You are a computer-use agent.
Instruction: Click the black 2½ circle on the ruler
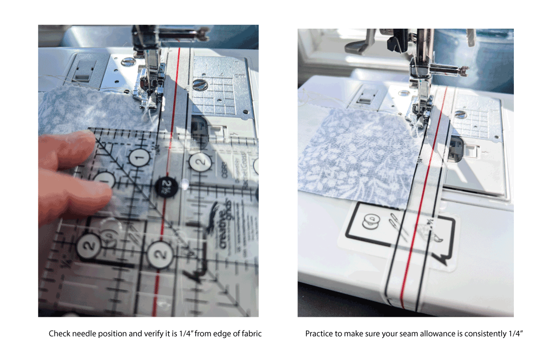[x=167, y=184]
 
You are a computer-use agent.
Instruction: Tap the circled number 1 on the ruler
[x=137, y=158]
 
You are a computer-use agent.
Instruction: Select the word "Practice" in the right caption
[x=319, y=334]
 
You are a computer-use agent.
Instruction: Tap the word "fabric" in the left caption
[x=250, y=334]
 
